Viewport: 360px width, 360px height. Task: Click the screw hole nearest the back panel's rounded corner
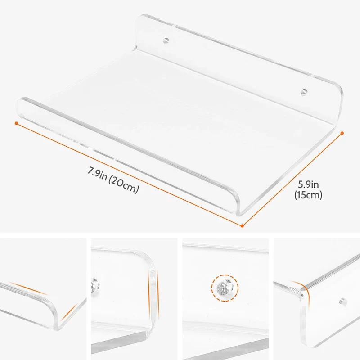tap(304, 92)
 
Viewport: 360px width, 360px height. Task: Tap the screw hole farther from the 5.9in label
tap(166, 41)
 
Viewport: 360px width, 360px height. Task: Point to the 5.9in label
tap(308, 184)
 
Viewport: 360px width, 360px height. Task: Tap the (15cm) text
tap(308, 195)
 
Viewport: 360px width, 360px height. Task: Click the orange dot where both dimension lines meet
tap(242, 226)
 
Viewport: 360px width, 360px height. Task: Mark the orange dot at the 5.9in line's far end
tap(342, 133)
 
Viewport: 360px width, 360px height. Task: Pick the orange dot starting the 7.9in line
tap(16, 123)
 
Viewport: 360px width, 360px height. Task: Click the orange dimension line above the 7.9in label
tap(129, 175)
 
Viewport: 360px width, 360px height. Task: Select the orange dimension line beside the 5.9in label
tap(292, 180)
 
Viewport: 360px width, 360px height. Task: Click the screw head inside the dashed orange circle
tap(225, 288)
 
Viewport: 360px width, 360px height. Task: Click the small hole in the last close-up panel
tap(343, 301)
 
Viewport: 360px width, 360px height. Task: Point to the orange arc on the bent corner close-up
tap(302, 290)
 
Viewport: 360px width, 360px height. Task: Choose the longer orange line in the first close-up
tap(28, 288)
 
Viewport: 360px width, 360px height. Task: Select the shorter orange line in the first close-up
tap(69, 312)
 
